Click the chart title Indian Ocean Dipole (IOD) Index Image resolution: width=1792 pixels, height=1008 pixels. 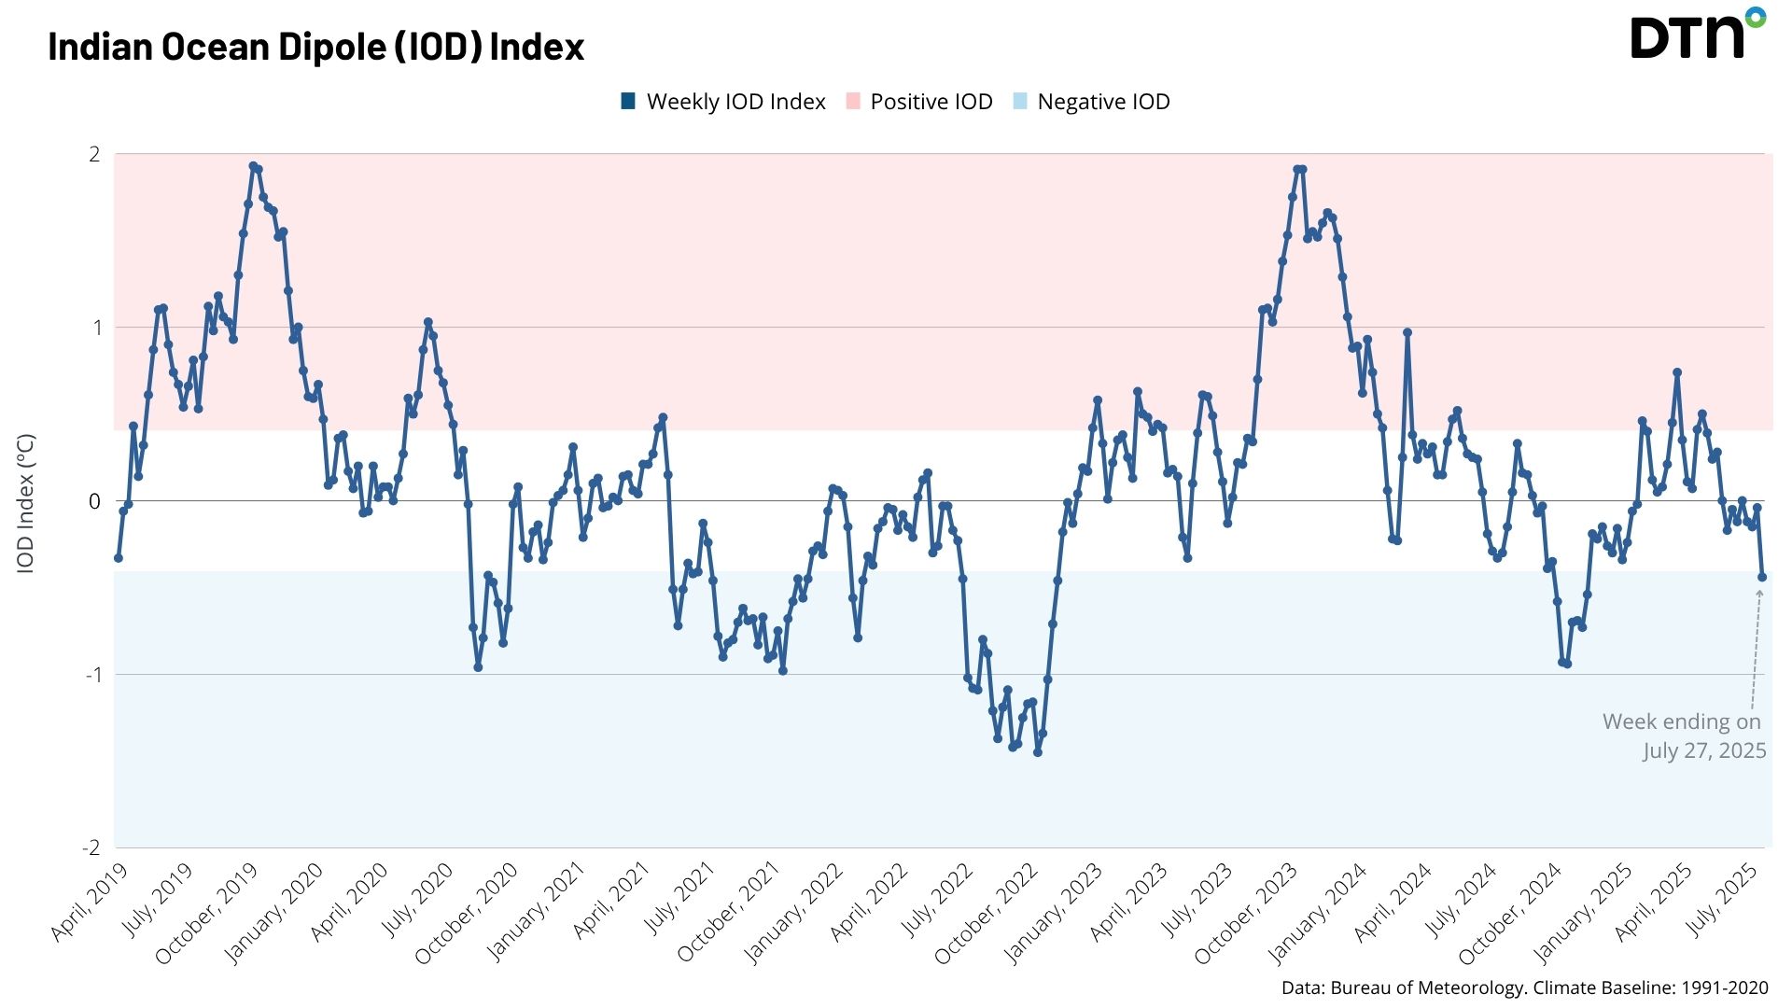pyautogui.click(x=315, y=46)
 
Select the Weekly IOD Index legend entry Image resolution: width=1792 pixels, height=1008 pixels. pyautogui.click(x=723, y=102)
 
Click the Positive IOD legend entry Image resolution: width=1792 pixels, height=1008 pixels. pyautogui.click(x=919, y=102)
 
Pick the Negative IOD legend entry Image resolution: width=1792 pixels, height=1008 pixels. pyautogui.click(x=1091, y=102)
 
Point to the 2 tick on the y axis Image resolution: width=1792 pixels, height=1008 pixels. pyautogui.click(x=94, y=154)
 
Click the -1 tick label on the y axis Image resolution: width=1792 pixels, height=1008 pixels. pyautogui.click(x=92, y=675)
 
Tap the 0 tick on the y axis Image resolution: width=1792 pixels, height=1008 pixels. pyautogui.click(x=94, y=501)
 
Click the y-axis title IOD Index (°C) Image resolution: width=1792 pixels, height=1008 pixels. pyautogui.click(x=26, y=503)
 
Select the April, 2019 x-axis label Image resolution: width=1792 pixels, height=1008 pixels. pyautogui.click(x=89, y=903)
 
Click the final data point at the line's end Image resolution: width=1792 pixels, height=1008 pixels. pyautogui.click(x=1762, y=577)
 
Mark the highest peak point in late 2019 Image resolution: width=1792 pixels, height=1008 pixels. pyautogui.click(x=253, y=166)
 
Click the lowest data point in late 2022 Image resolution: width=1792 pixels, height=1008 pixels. pyautogui.click(x=1038, y=752)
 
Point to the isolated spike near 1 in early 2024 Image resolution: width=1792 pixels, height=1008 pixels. pyautogui.click(x=1407, y=332)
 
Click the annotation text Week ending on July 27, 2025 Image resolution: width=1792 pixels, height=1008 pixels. pyautogui.click(x=1684, y=735)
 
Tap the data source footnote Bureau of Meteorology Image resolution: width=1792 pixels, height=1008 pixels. pyautogui.click(x=1524, y=988)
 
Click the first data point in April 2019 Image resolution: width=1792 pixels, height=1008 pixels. pyautogui.click(x=118, y=558)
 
